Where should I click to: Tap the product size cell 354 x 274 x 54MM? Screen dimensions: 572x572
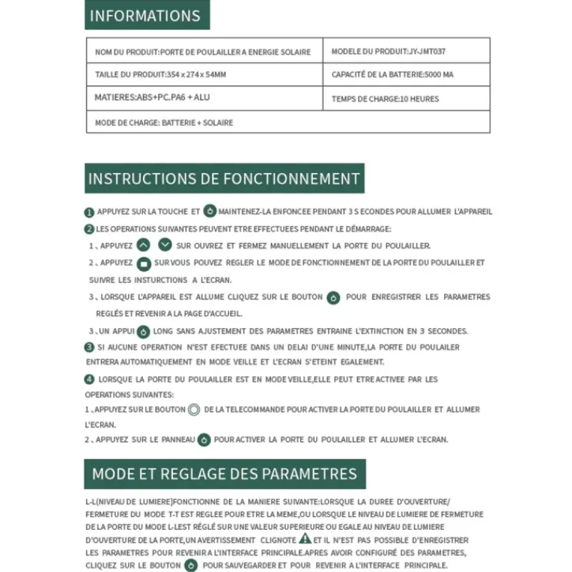pyautogui.click(x=204, y=74)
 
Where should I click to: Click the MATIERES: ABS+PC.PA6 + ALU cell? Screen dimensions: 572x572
pyautogui.click(x=204, y=98)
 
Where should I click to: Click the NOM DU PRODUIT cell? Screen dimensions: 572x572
pyautogui.click(x=204, y=51)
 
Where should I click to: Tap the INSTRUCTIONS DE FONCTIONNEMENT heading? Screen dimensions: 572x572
pyautogui.click(x=224, y=178)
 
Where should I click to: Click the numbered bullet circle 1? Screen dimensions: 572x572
pyautogui.click(x=89, y=212)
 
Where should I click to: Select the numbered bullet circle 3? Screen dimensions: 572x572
pyautogui.click(x=89, y=347)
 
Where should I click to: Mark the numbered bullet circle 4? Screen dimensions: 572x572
pyautogui.click(x=89, y=379)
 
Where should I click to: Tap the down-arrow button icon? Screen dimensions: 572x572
pyautogui.click(x=165, y=245)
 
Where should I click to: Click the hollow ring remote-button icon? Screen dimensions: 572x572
pyautogui.click(x=193, y=410)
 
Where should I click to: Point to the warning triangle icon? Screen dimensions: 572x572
pyautogui.click(x=305, y=538)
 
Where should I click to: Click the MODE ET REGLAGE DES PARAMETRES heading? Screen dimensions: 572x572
pyautogui.click(x=225, y=473)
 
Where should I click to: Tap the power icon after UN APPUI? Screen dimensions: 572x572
pyautogui.click(x=143, y=332)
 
